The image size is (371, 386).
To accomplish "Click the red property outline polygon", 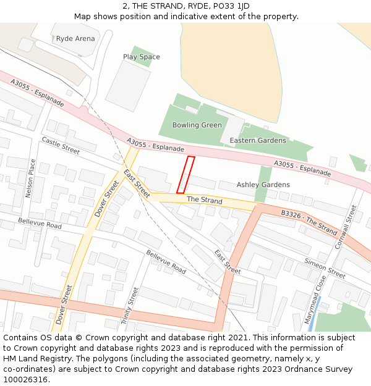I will [185, 175].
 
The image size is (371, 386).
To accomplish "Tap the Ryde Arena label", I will [75, 38].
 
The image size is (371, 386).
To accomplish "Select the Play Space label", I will [141, 57].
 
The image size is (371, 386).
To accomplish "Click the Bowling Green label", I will [197, 125].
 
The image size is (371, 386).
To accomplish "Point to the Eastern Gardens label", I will [258, 140].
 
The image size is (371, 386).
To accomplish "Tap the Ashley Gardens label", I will [263, 185].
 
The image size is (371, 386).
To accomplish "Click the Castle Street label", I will [61, 146].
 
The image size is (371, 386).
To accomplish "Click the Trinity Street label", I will [130, 306].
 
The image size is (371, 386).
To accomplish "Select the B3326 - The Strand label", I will [309, 222].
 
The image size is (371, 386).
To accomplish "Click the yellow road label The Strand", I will [204, 200].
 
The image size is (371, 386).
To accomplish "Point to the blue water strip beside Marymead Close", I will [312, 322].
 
